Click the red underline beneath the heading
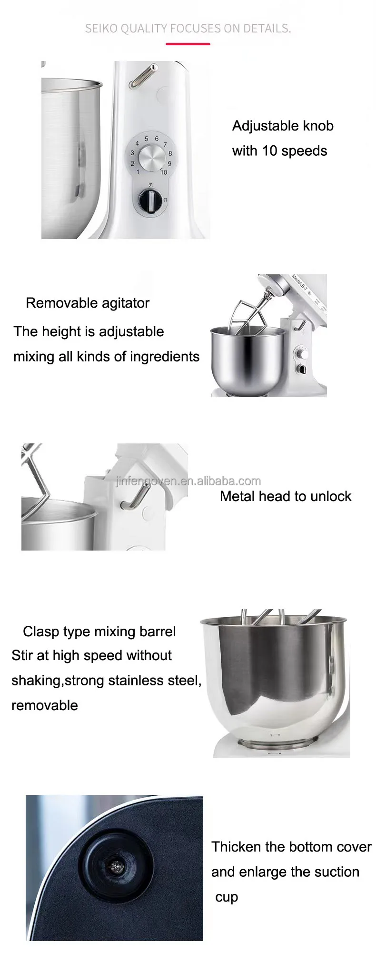[188, 44]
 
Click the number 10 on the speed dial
[164, 172]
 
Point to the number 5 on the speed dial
[147, 139]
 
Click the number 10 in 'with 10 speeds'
[269, 151]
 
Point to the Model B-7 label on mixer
[300, 283]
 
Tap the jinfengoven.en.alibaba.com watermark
[188, 481]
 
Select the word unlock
[331, 496]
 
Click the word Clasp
[40, 632]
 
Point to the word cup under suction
[227, 897]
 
